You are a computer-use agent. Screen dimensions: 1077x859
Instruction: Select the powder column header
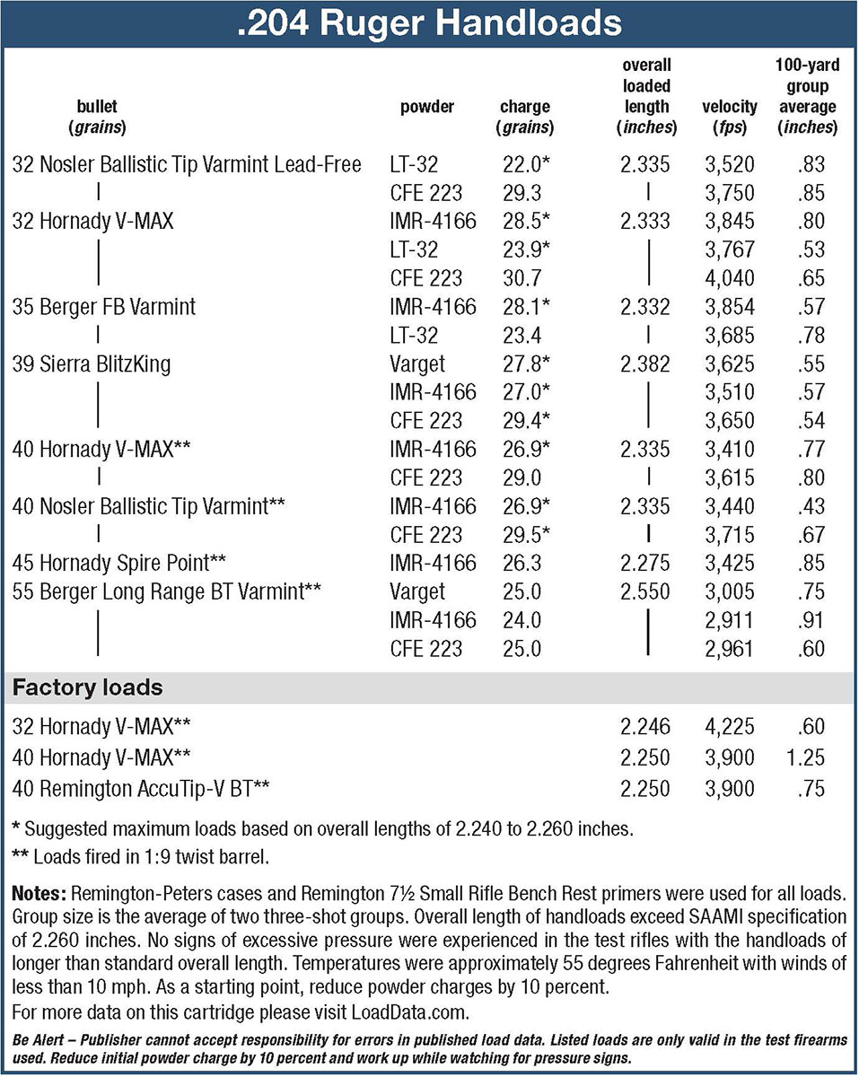(426, 108)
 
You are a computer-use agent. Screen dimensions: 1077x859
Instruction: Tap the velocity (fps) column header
(728, 117)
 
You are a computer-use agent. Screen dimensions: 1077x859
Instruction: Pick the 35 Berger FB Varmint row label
(104, 307)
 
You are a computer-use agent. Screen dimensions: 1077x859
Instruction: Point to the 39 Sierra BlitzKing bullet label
(92, 363)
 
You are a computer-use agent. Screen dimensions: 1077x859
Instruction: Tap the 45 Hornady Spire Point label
(118, 563)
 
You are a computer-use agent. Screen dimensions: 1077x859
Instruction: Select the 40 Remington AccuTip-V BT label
(142, 789)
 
